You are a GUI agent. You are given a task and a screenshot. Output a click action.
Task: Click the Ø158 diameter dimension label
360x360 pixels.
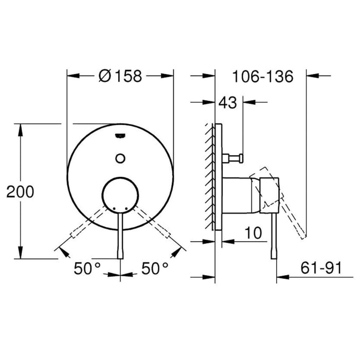click(x=119, y=76)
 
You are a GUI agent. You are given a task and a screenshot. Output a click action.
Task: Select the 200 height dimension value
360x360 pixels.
click(x=20, y=192)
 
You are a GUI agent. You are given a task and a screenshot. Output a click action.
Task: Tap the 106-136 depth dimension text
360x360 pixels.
click(x=262, y=77)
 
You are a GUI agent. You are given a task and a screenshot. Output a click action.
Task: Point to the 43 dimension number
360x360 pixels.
click(x=228, y=103)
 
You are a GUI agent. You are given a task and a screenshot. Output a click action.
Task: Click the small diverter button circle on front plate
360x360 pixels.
click(x=121, y=158)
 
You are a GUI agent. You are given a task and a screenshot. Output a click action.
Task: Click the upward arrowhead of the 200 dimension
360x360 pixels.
click(x=21, y=128)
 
